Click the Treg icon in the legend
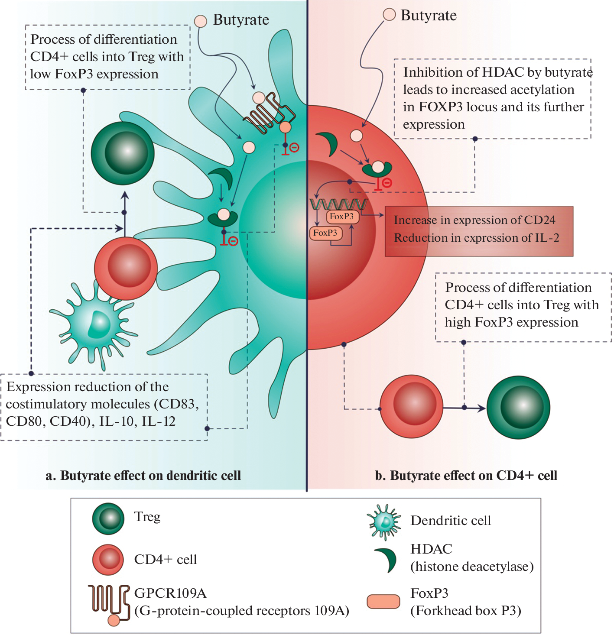click(108, 518)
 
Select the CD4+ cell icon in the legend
click(108, 560)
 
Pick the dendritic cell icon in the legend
click(384, 522)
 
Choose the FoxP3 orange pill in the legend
click(383, 602)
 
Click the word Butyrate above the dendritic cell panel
click(241, 20)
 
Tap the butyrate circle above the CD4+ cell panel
click(390, 15)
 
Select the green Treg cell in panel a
click(123, 153)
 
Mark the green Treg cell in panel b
click(518, 407)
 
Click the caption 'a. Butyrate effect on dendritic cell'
click(143, 476)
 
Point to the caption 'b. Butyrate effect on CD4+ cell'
click(466, 476)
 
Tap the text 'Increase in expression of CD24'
click(474, 220)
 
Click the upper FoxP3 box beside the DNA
click(342, 216)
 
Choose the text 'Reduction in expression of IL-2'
click(476, 238)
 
